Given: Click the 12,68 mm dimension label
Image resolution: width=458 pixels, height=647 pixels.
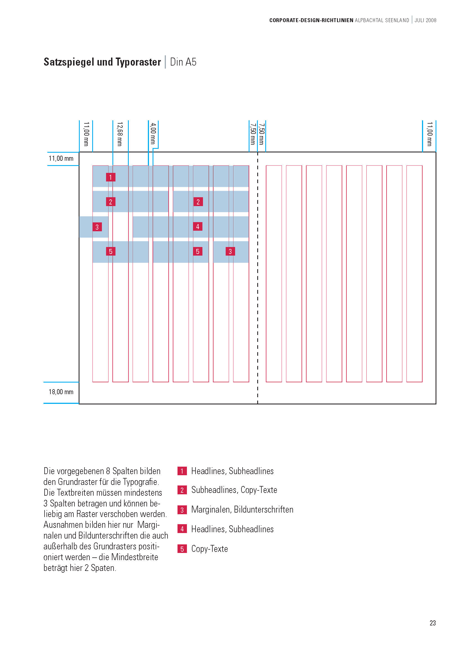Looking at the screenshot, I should pyautogui.click(x=120, y=134).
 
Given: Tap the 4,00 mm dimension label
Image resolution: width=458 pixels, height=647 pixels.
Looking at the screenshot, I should pyautogui.click(x=153, y=133).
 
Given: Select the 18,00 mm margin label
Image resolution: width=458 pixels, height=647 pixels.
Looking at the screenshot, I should pyautogui.click(x=61, y=392).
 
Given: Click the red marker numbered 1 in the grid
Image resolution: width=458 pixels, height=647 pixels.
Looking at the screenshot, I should pyautogui.click(x=110, y=177).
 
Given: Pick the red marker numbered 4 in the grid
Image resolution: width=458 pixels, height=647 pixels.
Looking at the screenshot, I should pyautogui.click(x=198, y=227).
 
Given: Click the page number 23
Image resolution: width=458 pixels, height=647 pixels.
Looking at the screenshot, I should pyautogui.click(x=433, y=623).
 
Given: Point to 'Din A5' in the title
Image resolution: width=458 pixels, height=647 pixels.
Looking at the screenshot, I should pyautogui.click(x=183, y=62).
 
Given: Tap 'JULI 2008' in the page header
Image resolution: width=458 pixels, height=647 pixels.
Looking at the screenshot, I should pyautogui.click(x=425, y=20).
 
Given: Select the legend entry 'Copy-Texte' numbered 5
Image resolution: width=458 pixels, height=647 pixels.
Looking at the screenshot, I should pyautogui.click(x=210, y=549).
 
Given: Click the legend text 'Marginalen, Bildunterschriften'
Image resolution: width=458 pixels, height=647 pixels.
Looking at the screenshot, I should pyautogui.click(x=242, y=510).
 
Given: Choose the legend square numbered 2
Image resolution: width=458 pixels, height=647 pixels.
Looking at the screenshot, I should pyautogui.click(x=182, y=490).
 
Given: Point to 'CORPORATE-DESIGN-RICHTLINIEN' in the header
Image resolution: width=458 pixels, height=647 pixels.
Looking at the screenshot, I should pyautogui.click(x=311, y=20).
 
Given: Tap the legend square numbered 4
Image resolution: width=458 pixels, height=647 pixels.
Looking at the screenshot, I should pyautogui.click(x=182, y=529).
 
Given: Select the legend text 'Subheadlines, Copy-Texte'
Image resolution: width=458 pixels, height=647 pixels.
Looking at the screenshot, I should pyautogui.click(x=234, y=490).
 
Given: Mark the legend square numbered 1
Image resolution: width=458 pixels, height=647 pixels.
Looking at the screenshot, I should pyautogui.click(x=182, y=471).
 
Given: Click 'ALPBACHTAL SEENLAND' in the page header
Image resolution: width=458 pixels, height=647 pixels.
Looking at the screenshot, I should pyautogui.click(x=382, y=20).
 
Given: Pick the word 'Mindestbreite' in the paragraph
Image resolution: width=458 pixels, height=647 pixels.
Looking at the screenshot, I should pyautogui.click(x=135, y=557).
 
